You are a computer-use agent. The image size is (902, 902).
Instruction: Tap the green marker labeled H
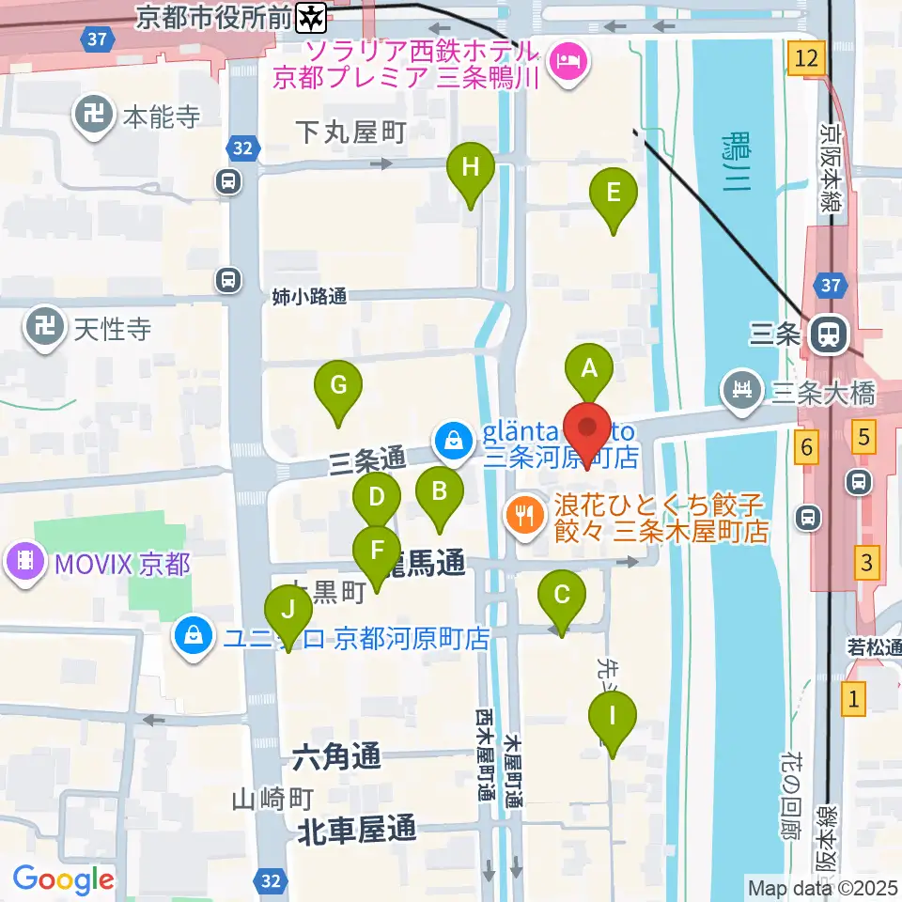[471, 169]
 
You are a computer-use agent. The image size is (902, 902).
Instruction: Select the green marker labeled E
[614, 194]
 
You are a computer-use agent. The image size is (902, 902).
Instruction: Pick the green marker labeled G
[338, 385]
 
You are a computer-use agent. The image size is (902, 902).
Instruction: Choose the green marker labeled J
[288, 611]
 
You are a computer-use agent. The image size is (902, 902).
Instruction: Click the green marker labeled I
[613, 717]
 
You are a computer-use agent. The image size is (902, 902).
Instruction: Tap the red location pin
[587, 431]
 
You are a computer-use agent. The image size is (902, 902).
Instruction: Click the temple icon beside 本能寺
[94, 117]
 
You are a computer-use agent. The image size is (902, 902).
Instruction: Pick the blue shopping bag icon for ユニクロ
[193, 636]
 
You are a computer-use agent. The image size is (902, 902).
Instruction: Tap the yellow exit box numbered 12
[807, 58]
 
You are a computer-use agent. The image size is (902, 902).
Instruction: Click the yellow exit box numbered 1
[853, 698]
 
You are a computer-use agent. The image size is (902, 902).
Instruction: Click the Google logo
[64, 879]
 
